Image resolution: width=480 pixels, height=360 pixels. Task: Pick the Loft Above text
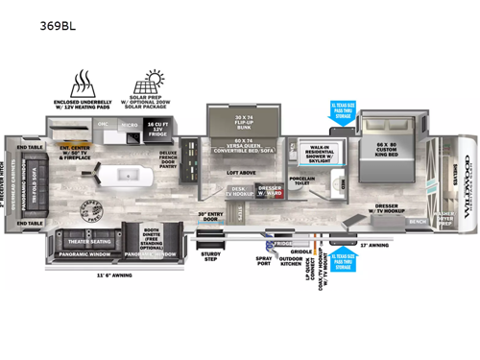241,172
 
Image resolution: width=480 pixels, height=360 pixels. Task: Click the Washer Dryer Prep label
445,218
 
